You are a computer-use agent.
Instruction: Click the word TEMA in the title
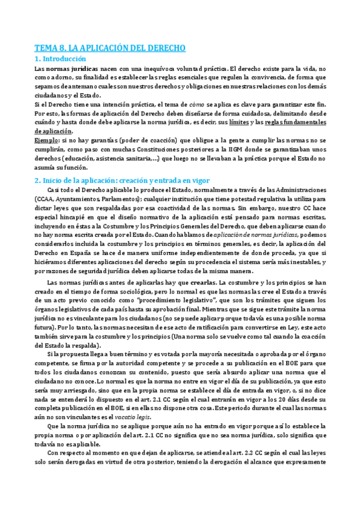pyautogui.click(x=45, y=48)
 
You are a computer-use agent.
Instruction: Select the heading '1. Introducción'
pyautogui.click(x=60, y=59)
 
